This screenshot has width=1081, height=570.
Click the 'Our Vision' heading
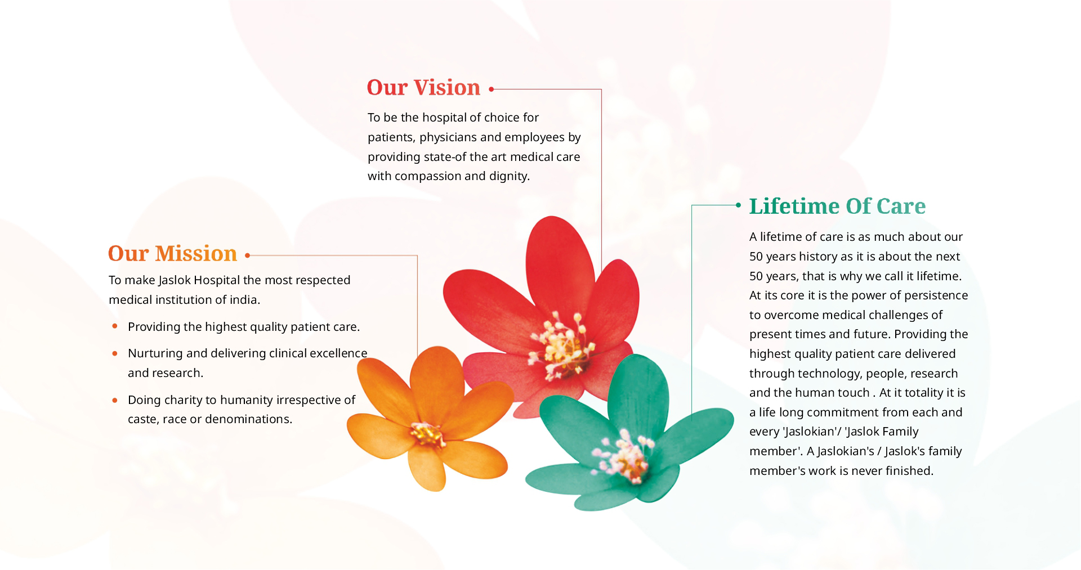click(423, 88)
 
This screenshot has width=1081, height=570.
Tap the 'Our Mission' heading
click(172, 254)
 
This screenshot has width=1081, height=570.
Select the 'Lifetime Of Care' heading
click(837, 206)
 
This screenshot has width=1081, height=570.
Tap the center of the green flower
click(625, 456)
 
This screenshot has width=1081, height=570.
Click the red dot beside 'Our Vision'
click(492, 89)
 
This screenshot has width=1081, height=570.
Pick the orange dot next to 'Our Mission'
click(248, 255)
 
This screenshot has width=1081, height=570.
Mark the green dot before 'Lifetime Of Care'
click(739, 205)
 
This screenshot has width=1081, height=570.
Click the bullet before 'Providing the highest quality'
click(115, 326)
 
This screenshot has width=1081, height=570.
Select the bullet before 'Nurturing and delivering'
click(115, 353)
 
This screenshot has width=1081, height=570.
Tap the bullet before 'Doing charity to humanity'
click(115, 400)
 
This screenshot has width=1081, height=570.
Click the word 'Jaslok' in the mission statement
click(175, 280)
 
